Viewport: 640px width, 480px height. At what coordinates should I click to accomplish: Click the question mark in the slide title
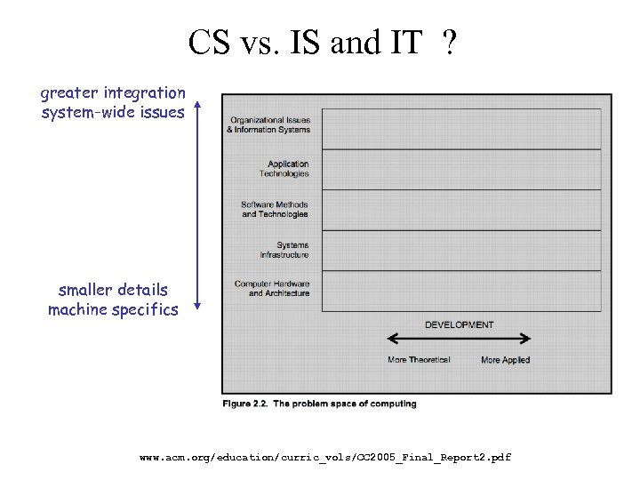[451, 42]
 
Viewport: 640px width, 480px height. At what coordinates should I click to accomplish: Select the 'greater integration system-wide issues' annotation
[113, 102]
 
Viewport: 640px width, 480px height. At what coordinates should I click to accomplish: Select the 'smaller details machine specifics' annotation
[113, 300]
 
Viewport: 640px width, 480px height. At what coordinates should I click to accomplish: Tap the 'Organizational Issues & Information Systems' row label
[268, 124]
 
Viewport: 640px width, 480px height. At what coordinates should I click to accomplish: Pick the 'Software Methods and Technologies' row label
[275, 209]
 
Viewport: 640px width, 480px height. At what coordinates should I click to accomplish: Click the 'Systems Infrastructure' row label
[284, 250]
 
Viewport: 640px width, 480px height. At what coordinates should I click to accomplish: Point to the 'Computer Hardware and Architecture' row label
[272, 288]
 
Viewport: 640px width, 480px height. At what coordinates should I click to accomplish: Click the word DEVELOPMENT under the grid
[459, 324]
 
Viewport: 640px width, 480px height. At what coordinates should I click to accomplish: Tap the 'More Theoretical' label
[419, 360]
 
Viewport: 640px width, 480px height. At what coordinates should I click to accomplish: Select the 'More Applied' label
[505, 360]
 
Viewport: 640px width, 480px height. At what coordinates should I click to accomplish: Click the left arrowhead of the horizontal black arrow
[391, 339]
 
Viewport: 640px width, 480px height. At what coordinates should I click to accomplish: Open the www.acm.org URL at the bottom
[325, 457]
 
